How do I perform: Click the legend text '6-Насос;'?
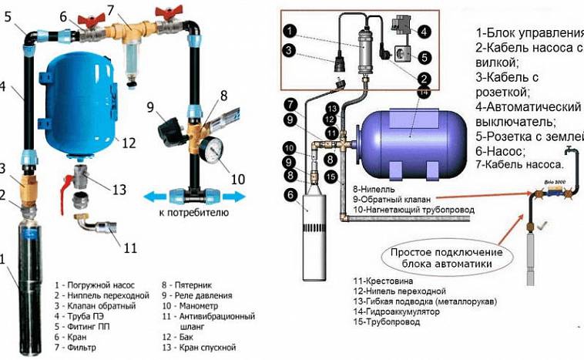[x=501, y=152]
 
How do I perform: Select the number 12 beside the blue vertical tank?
[x=128, y=143]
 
